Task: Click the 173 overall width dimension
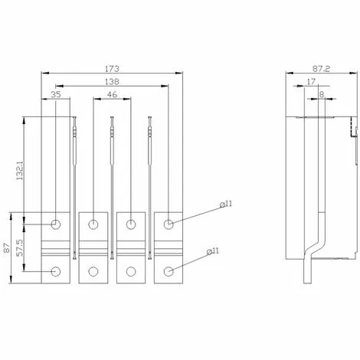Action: (x=112, y=69)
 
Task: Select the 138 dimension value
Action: (x=112, y=82)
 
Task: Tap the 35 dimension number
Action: (x=56, y=94)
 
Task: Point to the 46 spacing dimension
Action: (x=112, y=94)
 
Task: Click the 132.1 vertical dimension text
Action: (x=20, y=170)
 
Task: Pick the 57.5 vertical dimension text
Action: (x=20, y=247)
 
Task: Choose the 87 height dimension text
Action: (x=7, y=248)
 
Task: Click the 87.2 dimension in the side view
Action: (x=321, y=69)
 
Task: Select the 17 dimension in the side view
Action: (x=311, y=82)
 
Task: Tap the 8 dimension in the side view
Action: (x=322, y=94)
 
